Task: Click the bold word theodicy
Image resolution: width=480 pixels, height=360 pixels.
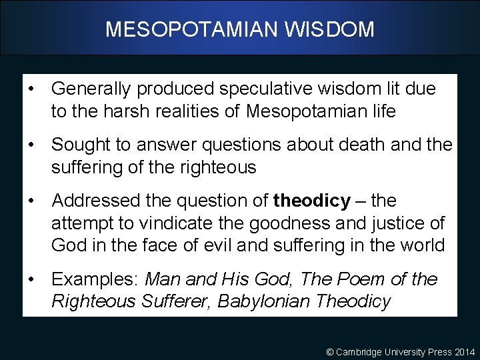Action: pos(311,200)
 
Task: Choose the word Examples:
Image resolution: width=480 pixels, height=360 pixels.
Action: pos(95,279)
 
